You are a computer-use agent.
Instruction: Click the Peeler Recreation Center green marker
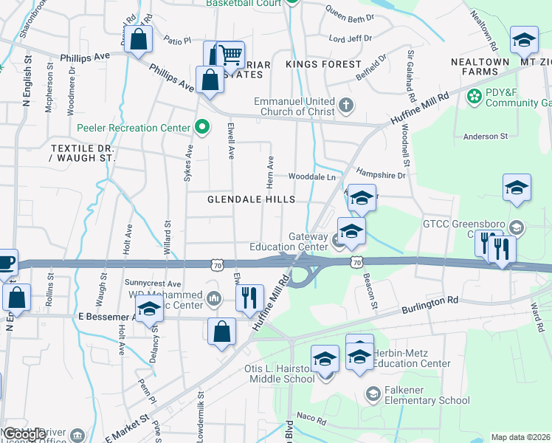201,128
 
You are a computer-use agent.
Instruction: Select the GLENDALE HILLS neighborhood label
251,199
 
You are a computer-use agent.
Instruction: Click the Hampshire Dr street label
381,175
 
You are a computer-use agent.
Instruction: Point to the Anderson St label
486,136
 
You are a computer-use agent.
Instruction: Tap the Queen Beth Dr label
350,15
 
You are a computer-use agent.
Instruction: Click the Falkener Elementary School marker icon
373,390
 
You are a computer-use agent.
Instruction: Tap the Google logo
24,434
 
